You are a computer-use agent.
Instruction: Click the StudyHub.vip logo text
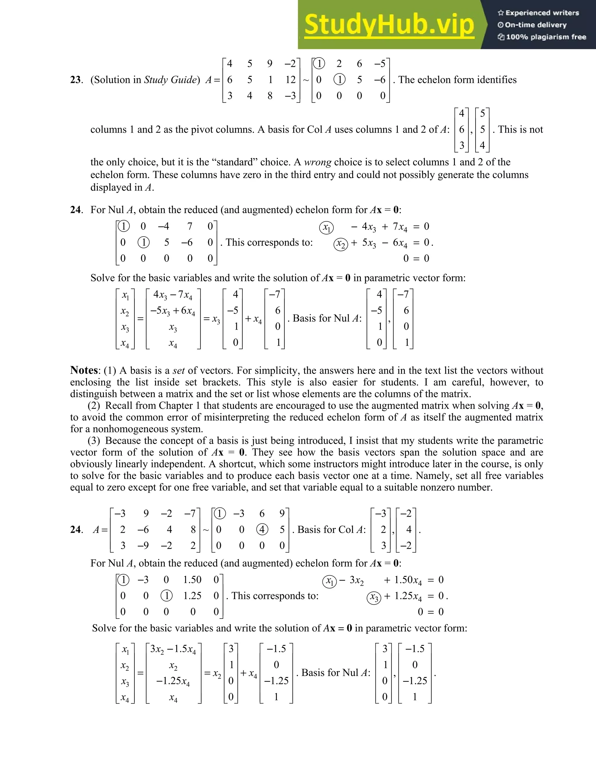389,25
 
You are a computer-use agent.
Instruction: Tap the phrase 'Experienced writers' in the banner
542,13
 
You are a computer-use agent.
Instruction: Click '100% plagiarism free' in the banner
546,37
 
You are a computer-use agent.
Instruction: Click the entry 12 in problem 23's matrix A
290,80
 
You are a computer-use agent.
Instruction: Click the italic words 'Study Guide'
170,80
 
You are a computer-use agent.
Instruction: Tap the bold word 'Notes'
84,370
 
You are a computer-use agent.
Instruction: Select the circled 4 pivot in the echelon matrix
262,530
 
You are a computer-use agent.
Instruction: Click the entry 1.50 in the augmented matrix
192,580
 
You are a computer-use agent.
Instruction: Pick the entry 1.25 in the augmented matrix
192,596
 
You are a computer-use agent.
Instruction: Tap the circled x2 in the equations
341,244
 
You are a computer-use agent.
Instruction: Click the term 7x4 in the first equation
400,227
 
